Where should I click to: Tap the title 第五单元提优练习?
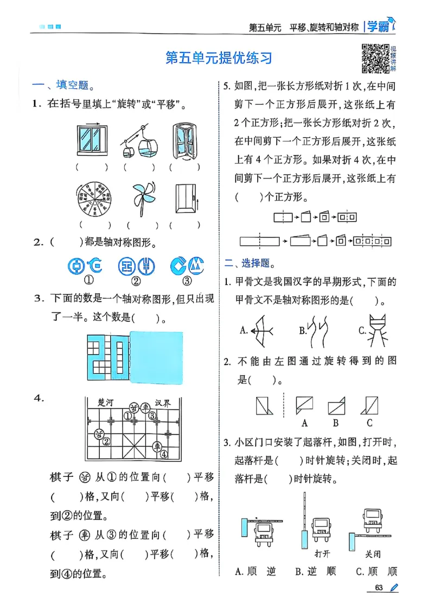point(218,57)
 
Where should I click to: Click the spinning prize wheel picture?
point(93,199)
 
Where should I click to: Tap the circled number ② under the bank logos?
point(136,281)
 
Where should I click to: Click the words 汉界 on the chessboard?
point(162,402)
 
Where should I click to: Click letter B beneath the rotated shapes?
point(336,423)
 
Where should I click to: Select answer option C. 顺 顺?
point(376,571)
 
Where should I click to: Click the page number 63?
point(379,588)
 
